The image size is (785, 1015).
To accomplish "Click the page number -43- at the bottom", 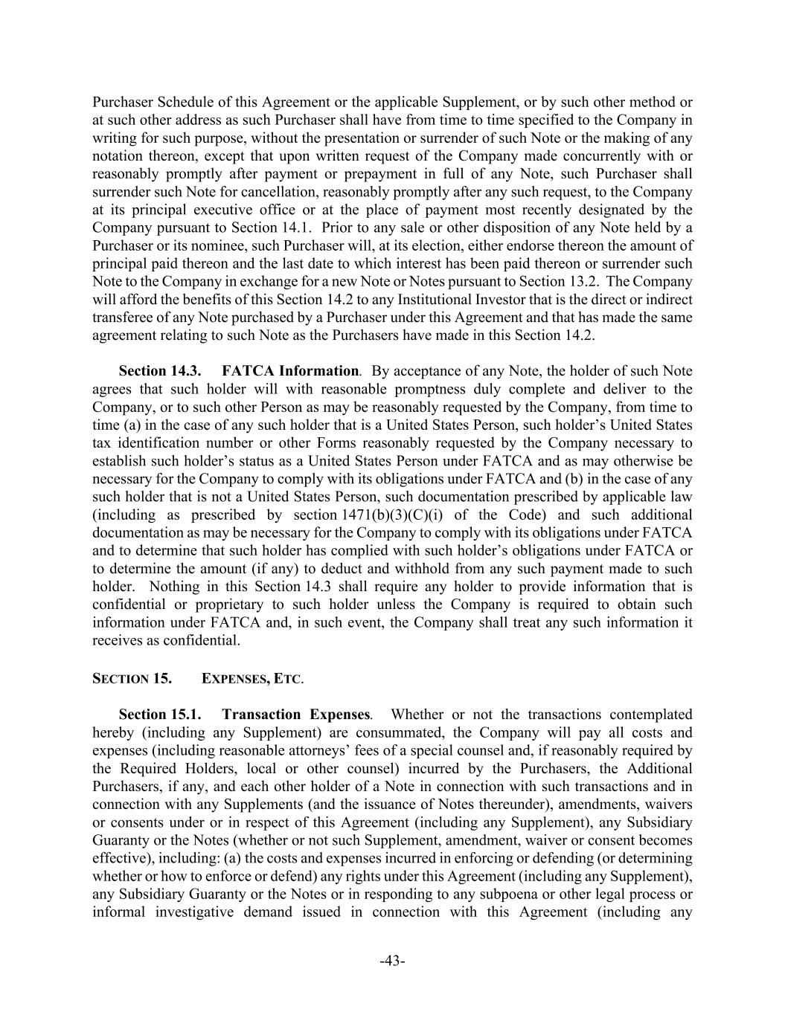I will [392, 961].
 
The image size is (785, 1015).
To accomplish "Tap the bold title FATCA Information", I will [290, 370].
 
